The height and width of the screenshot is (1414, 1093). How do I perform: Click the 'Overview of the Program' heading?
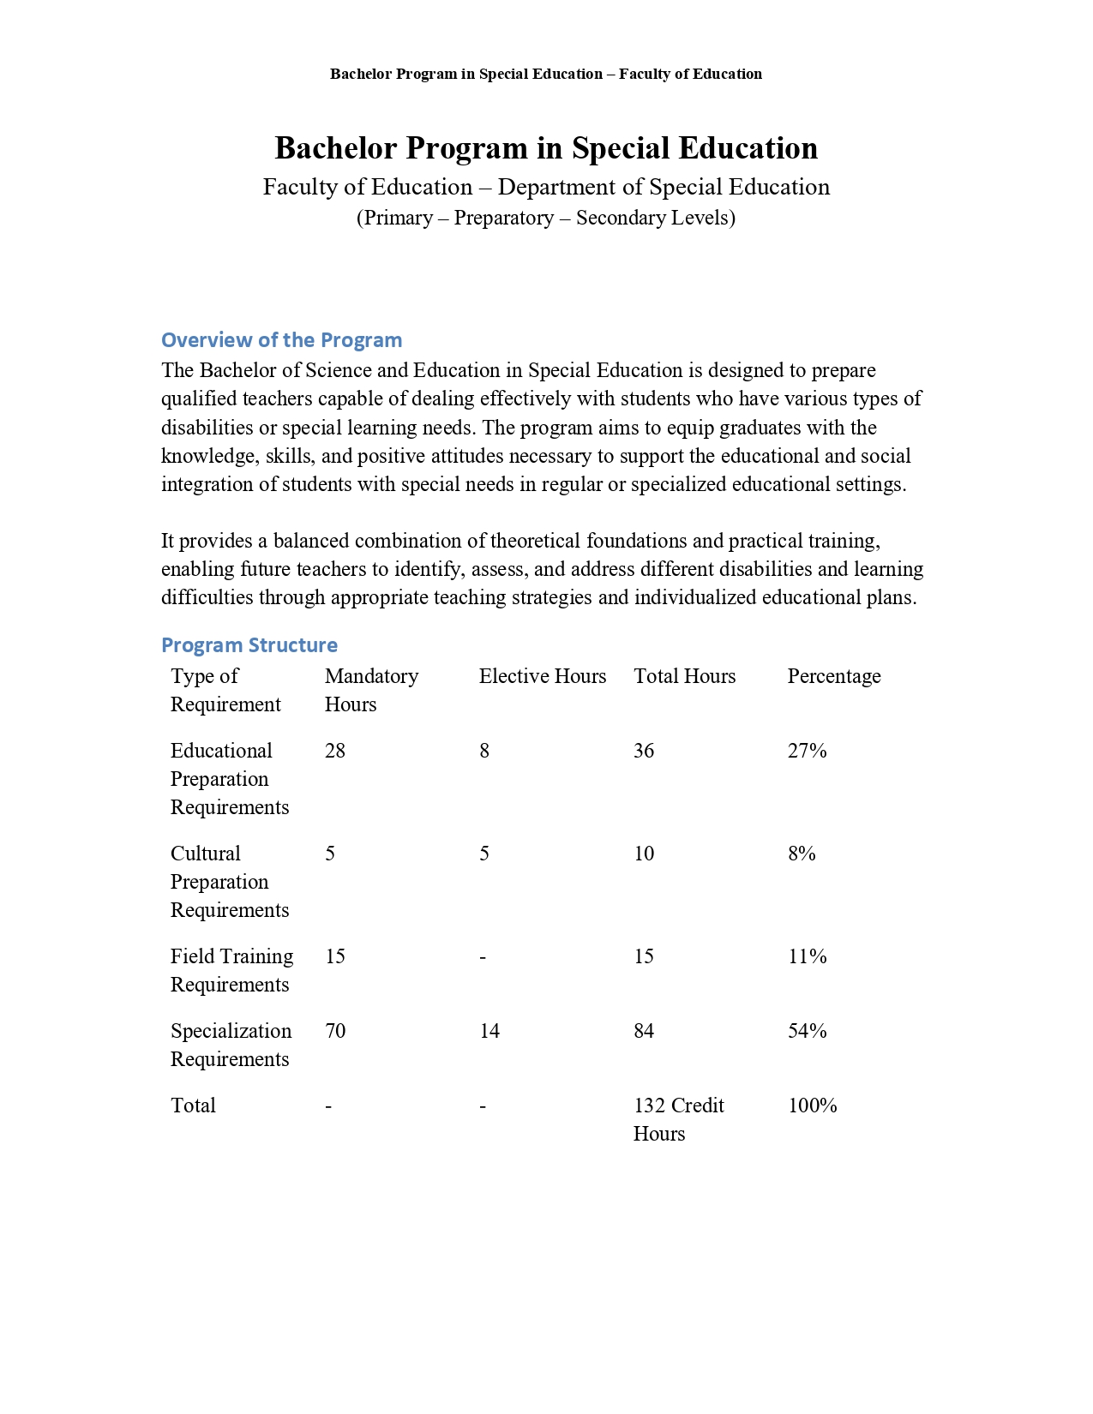click(x=281, y=340)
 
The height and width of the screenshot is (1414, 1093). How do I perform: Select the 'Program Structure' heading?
click(x=249, y=645)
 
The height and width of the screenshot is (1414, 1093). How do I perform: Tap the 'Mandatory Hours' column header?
click(x=371, y=690)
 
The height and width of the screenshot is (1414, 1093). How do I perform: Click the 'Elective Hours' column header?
click(x=542, y=676)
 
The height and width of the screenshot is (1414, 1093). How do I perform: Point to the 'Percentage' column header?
click(x=833, y=676)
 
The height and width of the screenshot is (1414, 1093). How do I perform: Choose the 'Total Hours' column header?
click(x=684, y=676)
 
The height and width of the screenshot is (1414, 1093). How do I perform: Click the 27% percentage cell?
click(x=807, y=751)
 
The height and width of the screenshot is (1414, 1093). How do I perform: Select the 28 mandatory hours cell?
click(x=335, y=751)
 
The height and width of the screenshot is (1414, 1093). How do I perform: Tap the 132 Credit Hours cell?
click(x=678, y=1119)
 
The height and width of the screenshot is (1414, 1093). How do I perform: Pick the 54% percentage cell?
click(x=807, y=1031)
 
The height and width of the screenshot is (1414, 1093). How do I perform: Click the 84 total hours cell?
click(x=644, y=1031)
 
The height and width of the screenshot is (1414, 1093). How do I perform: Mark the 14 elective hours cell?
click(x=489, y=1031)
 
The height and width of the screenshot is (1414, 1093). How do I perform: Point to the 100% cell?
click(x=812, y=1105)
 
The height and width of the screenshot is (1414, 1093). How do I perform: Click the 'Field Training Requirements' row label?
click(x=231, y=970)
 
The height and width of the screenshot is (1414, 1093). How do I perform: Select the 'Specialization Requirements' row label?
click(x=231, y=1045)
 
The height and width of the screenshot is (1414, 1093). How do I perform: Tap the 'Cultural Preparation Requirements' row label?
click(x=229, y=882)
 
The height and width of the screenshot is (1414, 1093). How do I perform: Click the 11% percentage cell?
click(x=807, y=956)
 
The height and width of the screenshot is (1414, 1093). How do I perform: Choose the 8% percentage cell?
click(x=802, y=854)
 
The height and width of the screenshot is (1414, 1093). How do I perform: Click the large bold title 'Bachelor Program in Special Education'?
click(x=546, y=148)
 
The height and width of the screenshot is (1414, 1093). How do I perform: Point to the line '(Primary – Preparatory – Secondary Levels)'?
click(x=546, y=218)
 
